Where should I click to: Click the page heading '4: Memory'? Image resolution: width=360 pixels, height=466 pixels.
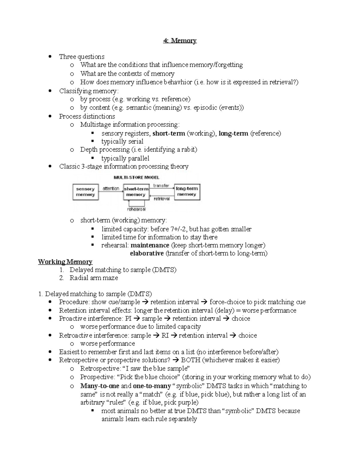[x=180, y=41]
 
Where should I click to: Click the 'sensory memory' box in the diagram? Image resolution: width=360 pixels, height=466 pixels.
[x=85, y=192]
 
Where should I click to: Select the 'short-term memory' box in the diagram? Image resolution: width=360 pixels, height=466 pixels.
[x=136, y=192]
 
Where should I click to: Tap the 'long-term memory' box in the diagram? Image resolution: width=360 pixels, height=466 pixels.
[x=187, y=192]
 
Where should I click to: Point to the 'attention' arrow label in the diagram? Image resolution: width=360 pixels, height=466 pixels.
[x=111, y=189]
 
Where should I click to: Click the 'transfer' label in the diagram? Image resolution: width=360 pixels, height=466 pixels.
[x=161, y=186]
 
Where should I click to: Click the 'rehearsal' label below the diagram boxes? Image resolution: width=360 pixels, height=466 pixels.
[x=136, y=209]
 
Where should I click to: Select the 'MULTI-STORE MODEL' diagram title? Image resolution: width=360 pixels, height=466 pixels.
[x=136, y=177]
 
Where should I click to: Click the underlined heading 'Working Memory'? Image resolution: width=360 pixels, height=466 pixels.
[x=65, y=262]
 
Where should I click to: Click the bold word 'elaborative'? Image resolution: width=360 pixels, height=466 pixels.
[x=147, y=253]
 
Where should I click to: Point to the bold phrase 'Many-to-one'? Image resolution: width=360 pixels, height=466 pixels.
[x=100, y=386]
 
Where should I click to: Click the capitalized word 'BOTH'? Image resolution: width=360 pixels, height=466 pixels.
[x=190, y=360]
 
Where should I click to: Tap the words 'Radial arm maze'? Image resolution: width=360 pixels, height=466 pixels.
[x=94, y=278]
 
